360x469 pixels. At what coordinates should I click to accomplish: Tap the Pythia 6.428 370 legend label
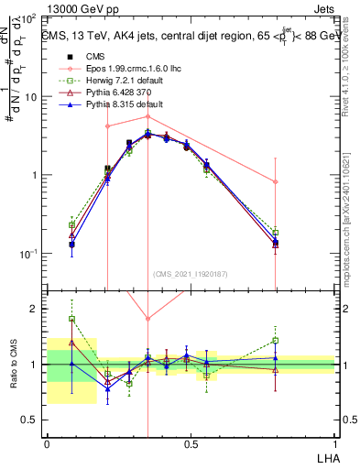[107, 93]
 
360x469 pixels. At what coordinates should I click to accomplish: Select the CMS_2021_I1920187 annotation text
[191, 273]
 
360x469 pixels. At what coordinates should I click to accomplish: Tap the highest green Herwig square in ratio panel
[71, 319]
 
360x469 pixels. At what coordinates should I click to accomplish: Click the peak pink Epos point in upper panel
[147, 116]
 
